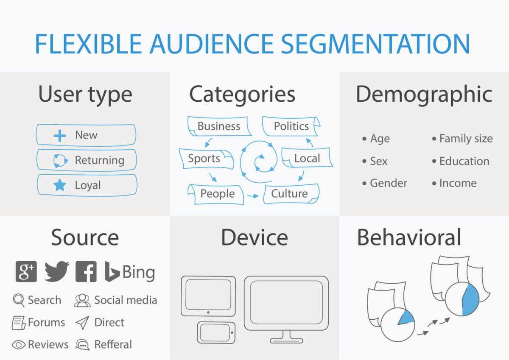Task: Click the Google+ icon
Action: click(26, 271)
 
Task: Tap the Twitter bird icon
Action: click(57, 271)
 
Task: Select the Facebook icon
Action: click(86, 272)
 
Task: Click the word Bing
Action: click(138, 272)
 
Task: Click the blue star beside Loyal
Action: click(60, 185)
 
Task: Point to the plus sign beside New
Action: click(60, 136)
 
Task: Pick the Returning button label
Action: click(99, 160)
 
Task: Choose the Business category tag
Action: click(219, 126)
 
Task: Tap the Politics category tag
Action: click(291, 126)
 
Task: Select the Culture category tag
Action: click(289, 194)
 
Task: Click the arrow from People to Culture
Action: click(253, 196)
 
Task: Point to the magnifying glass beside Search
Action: click(19, 300)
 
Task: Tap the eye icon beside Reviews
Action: click(19, 345)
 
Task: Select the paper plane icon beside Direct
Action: click(82, 323)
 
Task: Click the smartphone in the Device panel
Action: click(216, 332)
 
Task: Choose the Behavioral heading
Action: click(409, 237)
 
